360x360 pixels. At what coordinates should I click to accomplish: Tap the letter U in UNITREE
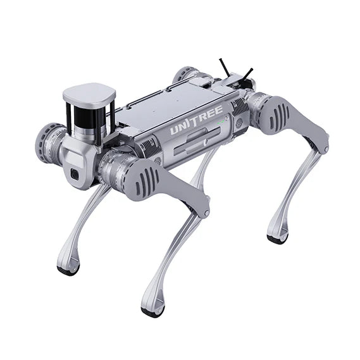click(174, 132)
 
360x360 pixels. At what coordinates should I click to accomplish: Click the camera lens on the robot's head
click(75, 174)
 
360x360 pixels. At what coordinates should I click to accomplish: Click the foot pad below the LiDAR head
click(68, 270)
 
